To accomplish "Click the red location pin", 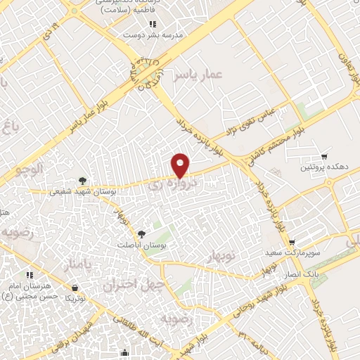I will (181, 165).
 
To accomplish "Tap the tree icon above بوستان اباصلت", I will (142, 233).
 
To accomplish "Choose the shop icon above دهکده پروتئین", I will (323, 156).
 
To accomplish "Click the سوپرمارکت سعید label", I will (292, 252).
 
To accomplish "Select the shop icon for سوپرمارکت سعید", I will (292, 243).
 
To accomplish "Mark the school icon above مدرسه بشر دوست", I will (153, 25).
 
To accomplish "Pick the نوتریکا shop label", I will (75, 298).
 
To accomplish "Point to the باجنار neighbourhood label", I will (77, 266).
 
